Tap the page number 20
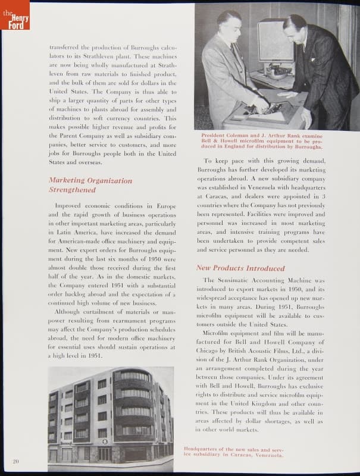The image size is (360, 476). click(x=15, y=461)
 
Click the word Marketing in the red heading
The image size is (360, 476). click(x=67, y=180)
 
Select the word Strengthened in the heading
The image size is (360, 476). click(x=72, y=190)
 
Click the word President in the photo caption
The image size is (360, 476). click(x=217, y=136)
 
